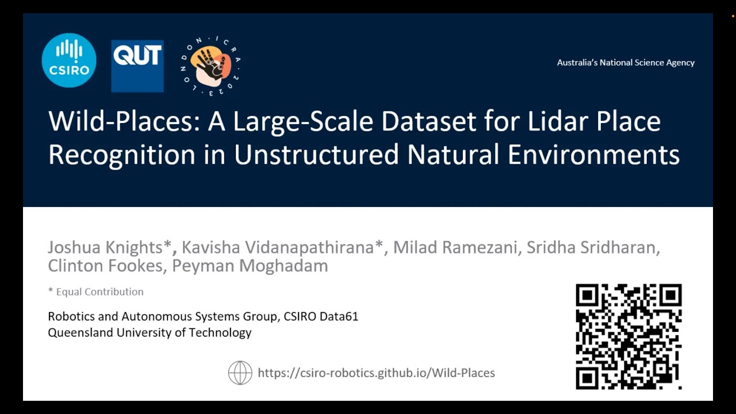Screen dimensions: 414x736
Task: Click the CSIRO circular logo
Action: click(69, 60)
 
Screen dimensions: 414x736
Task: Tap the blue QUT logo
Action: click(137, 66)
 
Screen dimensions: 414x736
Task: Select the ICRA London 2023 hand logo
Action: click(210, 66)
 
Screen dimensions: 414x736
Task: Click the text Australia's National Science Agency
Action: click(626, 63)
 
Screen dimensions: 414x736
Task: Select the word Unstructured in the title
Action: click(316, 155)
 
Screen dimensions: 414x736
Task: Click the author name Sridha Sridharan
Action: click(592, 247)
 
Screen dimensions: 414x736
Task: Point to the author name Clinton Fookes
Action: click(105, 266)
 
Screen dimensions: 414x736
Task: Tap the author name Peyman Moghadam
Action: click(250, 266)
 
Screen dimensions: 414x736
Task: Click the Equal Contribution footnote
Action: click(96, 292)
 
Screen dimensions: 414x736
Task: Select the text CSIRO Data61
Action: click(321, 316)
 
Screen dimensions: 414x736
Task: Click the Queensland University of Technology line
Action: click(149, 332)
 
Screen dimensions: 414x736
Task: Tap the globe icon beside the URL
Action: click(240, 373)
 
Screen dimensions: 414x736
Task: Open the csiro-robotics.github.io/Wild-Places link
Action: click(376, 373)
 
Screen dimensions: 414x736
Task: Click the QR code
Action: click(628, 336)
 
